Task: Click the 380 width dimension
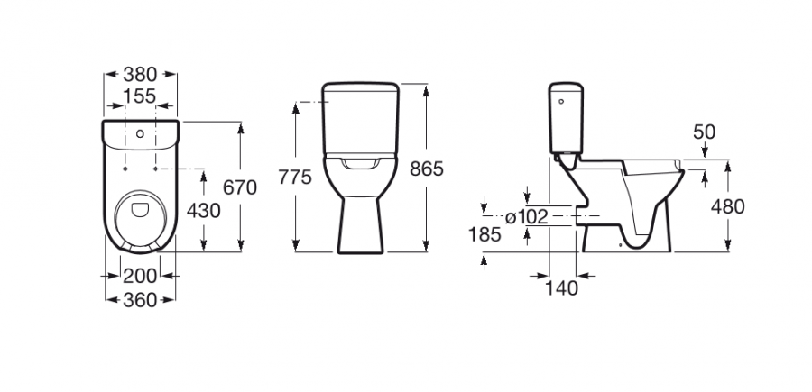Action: pos(140,75)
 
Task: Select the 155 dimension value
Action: pos(140,96)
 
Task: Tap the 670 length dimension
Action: pos(240,187)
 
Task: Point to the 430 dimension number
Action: pos(204,211)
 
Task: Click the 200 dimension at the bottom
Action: pos(139,276)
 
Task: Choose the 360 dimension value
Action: pos(139,300)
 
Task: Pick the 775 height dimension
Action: pos(295,177)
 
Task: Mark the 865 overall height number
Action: pos(427,169)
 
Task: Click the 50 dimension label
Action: pos(705,132)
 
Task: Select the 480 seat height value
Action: pos(727,207)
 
